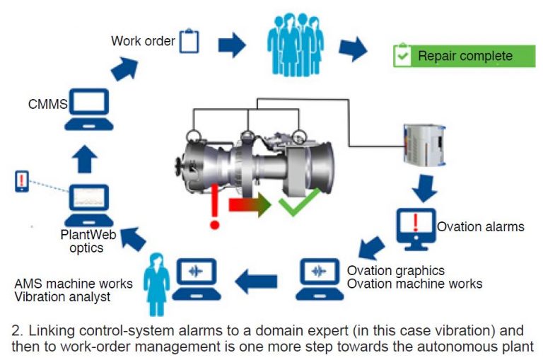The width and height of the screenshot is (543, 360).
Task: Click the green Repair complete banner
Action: [463, 56]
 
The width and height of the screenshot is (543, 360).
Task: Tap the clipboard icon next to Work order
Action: [189, 40]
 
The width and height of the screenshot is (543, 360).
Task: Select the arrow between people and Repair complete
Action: [353, 48]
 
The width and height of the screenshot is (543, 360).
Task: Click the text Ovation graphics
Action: [395, 271]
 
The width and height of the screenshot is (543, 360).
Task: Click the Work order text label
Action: [143, 40]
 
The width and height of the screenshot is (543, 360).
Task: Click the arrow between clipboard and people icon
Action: [231, 45]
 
